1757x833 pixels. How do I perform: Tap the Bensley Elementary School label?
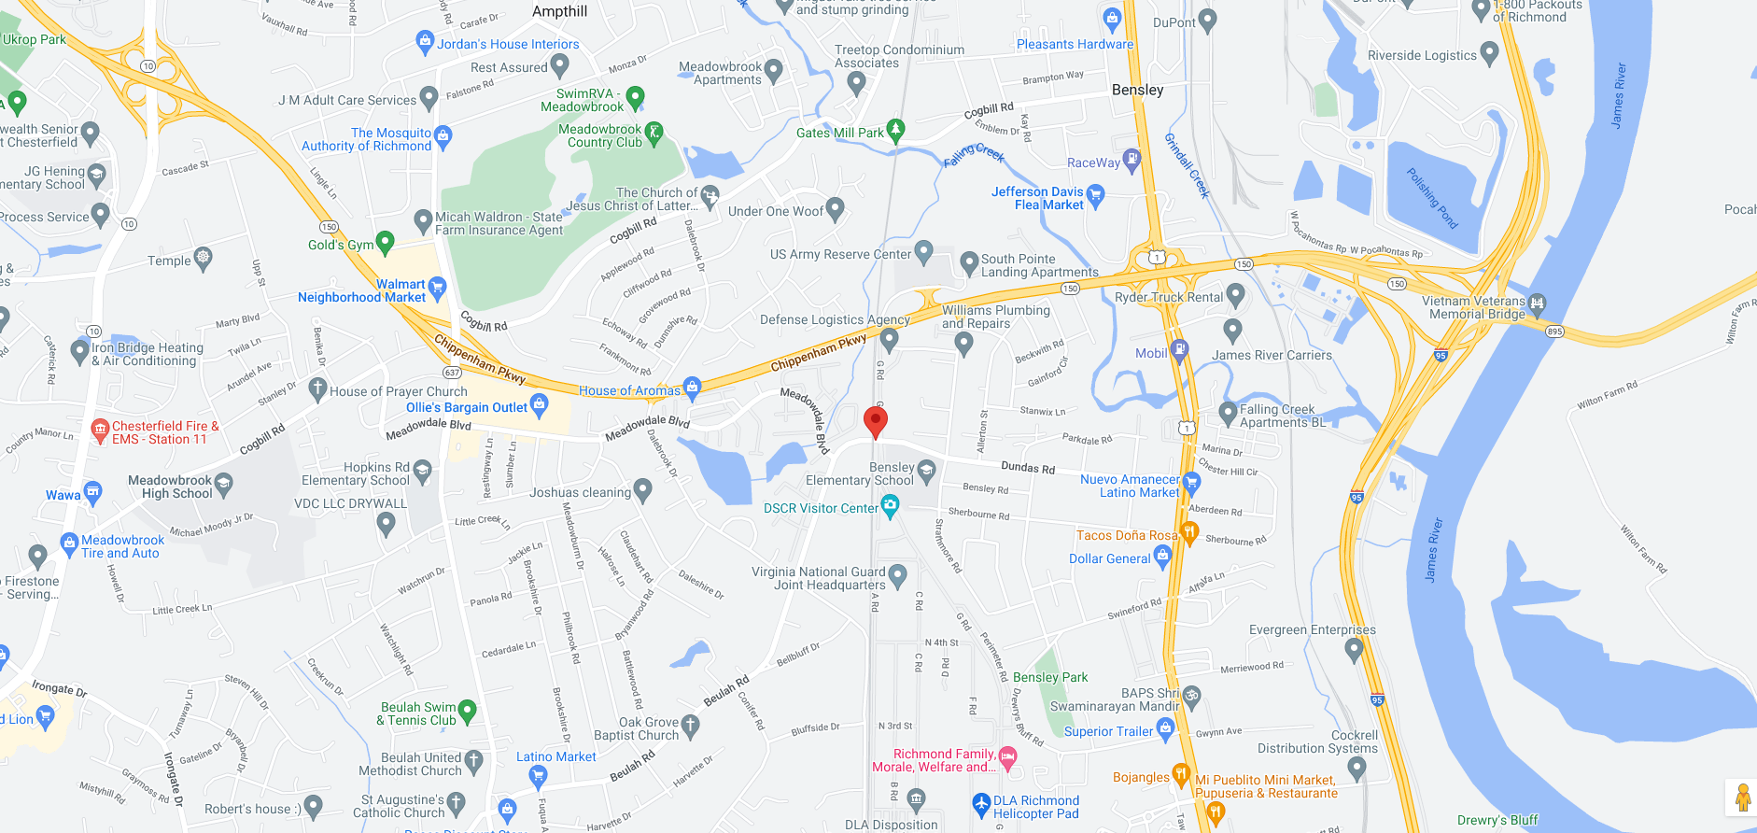click(860, 473)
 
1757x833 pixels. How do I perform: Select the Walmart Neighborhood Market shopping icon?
click(437, 287)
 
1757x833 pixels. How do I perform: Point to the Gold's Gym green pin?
click(385, 243)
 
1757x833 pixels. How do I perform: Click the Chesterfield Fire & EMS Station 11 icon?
click(100, 430)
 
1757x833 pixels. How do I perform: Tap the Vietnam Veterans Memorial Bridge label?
click(1473, 307)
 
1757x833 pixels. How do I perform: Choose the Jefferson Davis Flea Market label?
click(1037, 198)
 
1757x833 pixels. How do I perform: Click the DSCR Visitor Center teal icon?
click(890, 506)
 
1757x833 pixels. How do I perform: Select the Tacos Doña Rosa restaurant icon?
click(1188, 532)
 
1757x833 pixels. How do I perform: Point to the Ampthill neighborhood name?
click(559, 11)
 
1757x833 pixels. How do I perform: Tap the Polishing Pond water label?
click(1432, 198)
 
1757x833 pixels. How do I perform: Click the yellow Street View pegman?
click(1742, 798)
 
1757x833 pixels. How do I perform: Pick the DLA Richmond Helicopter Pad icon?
click(981, 803)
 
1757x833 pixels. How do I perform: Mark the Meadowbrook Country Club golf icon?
click(654, 133)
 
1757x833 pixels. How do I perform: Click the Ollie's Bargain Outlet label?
click(467, 407)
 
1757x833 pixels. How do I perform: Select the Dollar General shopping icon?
click(1162, 557)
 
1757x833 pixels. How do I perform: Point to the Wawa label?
click(63, 495)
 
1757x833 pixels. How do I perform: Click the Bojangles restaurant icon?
click(1181, 774)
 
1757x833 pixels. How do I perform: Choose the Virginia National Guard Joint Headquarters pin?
click(897, 574)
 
